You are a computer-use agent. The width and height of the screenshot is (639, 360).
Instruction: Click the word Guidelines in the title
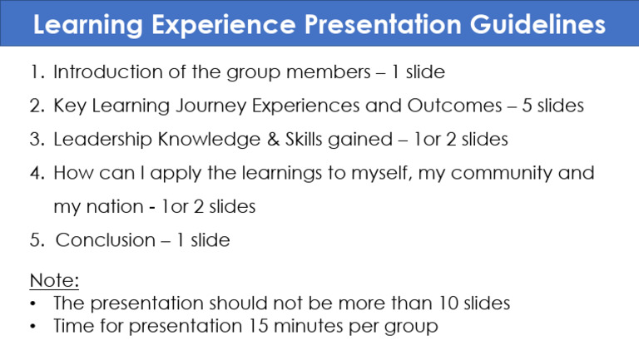[x=537, y=24]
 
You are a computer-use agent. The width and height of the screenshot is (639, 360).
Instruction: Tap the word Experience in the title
[x=223, y=25]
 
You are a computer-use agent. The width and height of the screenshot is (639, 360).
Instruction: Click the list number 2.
[x=37, y=106]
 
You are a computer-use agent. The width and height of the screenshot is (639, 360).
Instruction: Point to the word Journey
[x=211, y=106]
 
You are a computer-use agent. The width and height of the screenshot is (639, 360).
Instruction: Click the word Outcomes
[x=454, y=106]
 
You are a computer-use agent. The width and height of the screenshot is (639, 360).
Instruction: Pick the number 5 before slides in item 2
[x=527, y=106]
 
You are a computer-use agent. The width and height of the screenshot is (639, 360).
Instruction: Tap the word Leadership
[x=102, y=140]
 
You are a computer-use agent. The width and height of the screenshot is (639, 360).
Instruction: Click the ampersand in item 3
[x=273, y=140]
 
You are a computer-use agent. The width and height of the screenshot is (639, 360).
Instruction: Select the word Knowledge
[x=209, y=140]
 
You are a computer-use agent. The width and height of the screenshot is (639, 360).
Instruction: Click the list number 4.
[x=37, y=173]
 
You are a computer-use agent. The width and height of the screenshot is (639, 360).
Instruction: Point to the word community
[x=501, y=174]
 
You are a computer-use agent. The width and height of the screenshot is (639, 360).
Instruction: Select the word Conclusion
[x=105, y=240]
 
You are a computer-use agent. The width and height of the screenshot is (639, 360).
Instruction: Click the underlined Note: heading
[x=54, y=280]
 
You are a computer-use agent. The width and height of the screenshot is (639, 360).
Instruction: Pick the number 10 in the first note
[x=448, y=303]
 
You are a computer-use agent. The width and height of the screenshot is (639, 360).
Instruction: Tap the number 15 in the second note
[x=257, y=326]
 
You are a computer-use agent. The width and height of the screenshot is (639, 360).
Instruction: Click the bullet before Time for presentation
[x=33, y=326]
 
